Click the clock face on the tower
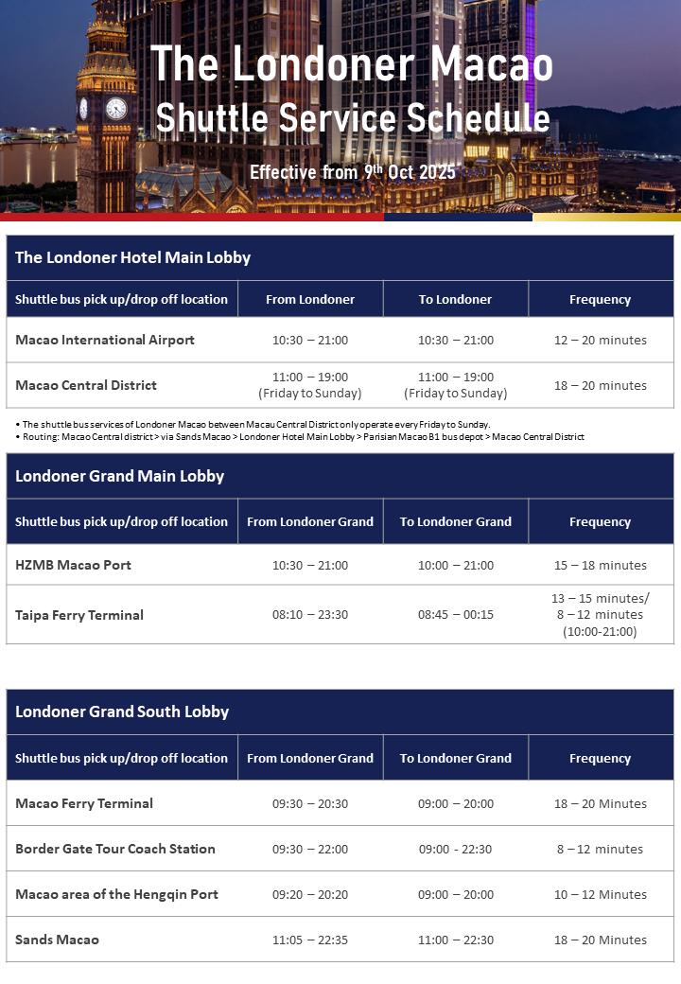tap(116, 109)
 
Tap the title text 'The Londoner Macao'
tap(352, 64)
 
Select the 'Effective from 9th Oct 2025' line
tap(353, 172)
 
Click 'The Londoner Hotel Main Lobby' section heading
tap(132, 257)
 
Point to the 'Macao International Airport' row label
tap(105, 340)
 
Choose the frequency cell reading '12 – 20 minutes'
tap(601, 340)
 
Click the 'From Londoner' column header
tap(310, 299)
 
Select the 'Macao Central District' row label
tap(86, 385)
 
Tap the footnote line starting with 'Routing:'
tap(300, 437)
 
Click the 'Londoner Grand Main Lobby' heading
tap(119, 476)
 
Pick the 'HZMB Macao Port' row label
tap(73, 565)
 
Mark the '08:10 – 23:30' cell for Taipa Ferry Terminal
tap(310, 615)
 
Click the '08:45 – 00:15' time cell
tap(456, 615)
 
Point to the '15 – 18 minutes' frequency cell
tap(601, 565)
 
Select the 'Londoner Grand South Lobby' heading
tap(122, 712)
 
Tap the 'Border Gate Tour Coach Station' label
tap(115, 849)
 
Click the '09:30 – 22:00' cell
tap(310, 849)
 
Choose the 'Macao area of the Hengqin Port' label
tap(116, 894)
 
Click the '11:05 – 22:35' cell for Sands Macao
tap(310, 940)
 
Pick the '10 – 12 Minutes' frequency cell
tap(601, 894)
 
